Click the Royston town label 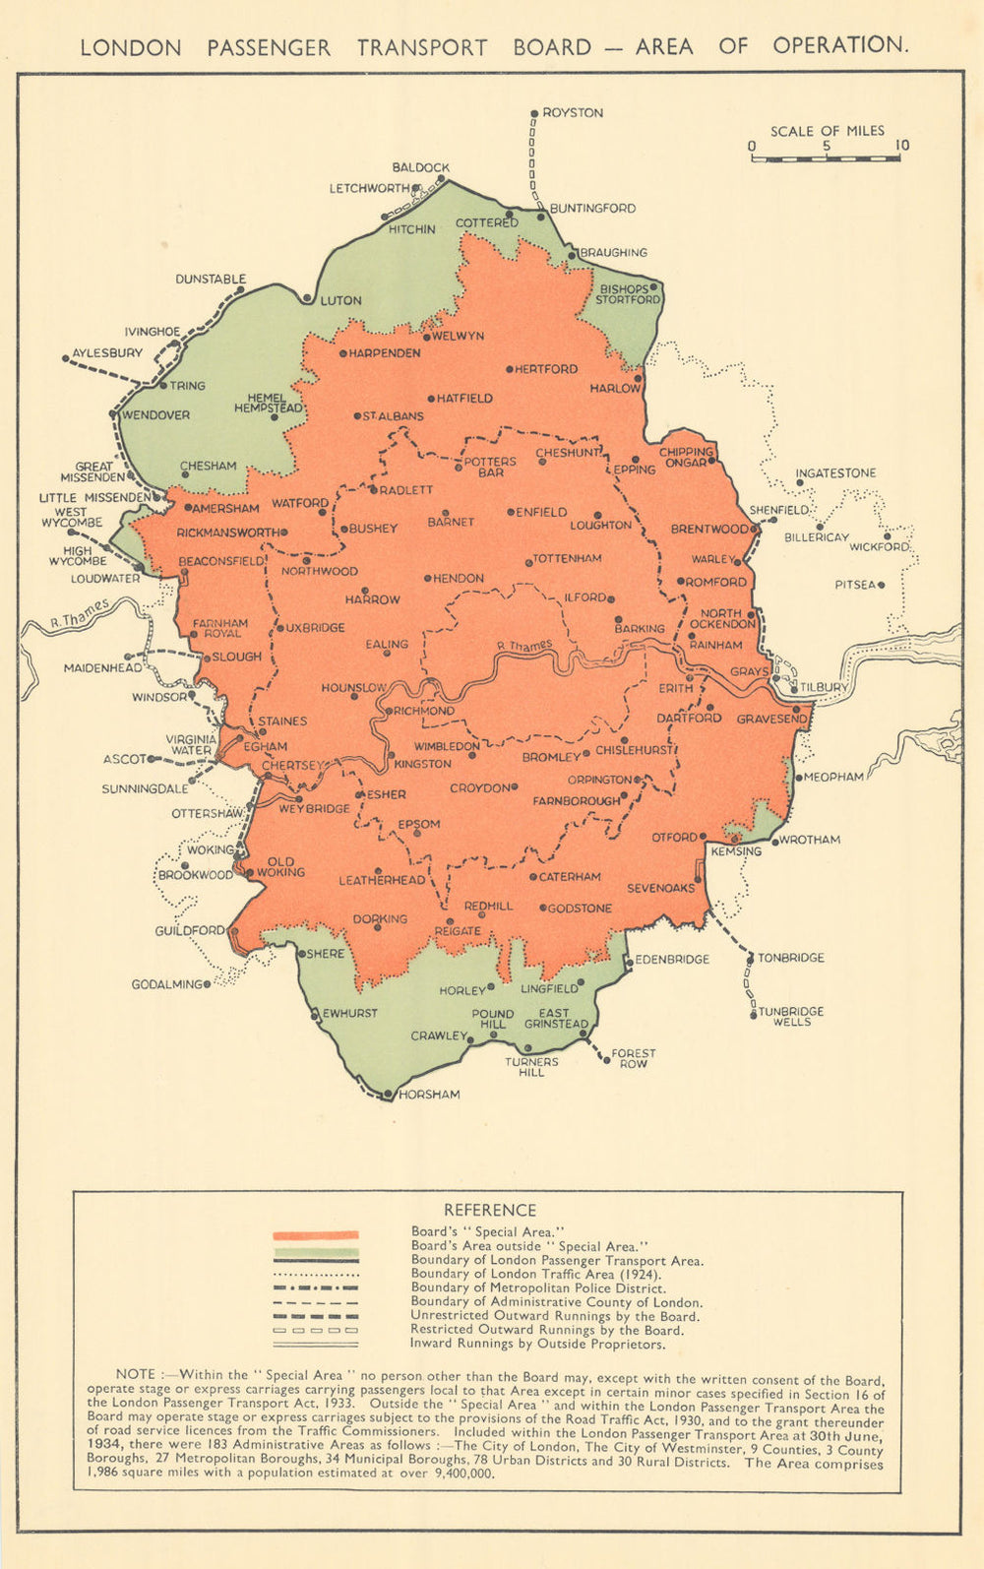(573, 113)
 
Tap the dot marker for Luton (308, 298)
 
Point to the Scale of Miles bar (825, 157)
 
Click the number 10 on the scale (901, 147)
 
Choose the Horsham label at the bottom (429, 1095)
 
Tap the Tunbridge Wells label (791, 1017)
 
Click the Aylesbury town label (107, 352)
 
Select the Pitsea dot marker (882, 585)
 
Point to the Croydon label (479, 788)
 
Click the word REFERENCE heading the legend (490, 1210)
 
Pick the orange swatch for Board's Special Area (316, 1234)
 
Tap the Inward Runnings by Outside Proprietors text (537, 1344)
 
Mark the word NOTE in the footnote (136, 1374)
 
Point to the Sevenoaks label (660, 888)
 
